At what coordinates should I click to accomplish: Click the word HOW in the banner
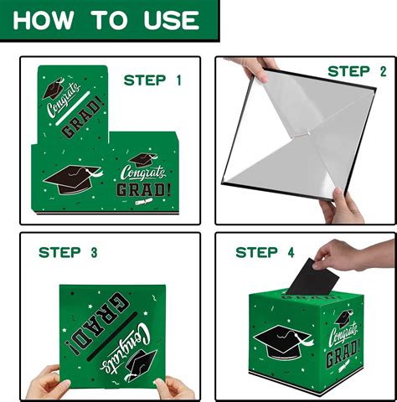44,20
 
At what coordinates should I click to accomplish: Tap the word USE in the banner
172,20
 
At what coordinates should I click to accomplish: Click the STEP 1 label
152,80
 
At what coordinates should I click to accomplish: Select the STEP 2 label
358,71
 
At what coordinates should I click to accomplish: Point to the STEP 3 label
68,253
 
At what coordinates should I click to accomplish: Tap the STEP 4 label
265,253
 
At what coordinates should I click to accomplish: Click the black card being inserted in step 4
312,278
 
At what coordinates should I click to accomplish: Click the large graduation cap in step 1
73,179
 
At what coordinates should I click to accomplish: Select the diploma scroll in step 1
144,201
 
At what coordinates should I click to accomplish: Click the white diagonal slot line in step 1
73,108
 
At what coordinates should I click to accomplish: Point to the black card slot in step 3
112,336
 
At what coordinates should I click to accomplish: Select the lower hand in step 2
342,207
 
